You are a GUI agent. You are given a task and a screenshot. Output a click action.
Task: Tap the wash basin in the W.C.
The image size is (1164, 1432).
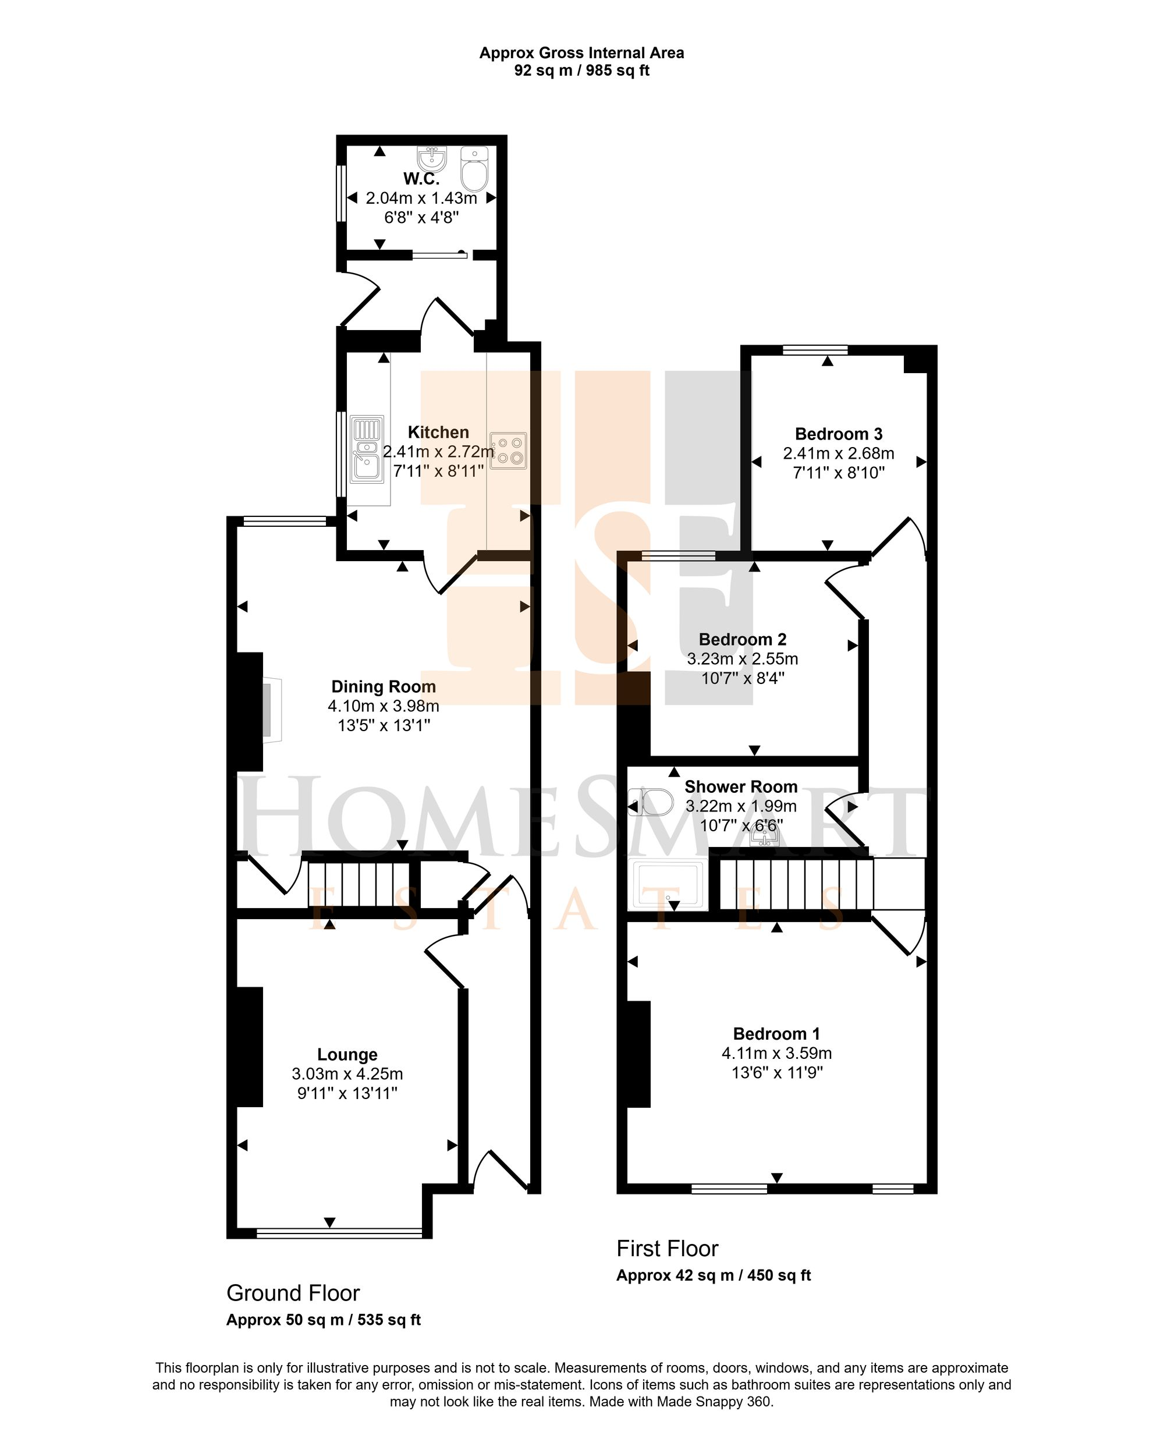pos(431,159)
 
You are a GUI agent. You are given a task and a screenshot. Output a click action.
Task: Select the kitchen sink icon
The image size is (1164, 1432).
pos(367,449)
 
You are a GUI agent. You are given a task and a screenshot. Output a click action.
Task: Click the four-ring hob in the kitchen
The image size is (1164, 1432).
pos(508,450)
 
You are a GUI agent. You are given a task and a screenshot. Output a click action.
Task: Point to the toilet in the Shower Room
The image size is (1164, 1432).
pos(651,802)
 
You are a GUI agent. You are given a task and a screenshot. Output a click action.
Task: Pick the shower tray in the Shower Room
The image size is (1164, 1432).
pos(668,885)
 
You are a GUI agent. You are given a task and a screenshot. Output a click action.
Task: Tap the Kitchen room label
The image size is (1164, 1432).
pos(438,433)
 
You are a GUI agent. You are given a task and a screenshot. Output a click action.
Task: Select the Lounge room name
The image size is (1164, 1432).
pos(347,1055)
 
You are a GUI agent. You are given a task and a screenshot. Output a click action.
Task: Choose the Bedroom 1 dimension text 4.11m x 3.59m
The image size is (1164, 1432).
pos(776,1053)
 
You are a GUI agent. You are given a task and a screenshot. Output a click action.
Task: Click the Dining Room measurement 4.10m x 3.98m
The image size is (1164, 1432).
pos(384,706)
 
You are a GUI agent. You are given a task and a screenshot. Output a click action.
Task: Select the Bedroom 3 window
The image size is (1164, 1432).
pos(815,349)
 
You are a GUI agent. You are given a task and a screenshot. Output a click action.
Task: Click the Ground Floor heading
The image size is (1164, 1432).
pos(293,1292)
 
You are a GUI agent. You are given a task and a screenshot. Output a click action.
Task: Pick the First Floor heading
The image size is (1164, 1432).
pos(667,1248)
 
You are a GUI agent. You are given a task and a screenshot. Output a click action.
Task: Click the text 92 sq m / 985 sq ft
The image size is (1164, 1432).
pos(581,70)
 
